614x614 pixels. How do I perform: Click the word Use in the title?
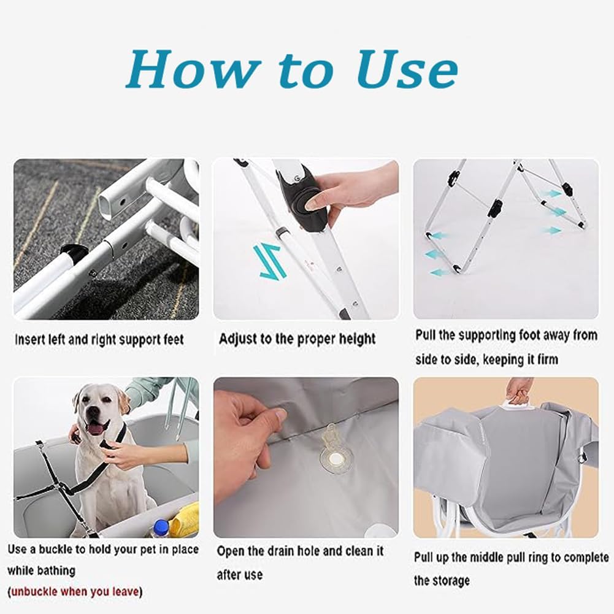coord(407,69)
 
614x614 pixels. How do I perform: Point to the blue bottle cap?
coord(161,524)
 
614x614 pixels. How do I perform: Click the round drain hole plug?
coord(335,458)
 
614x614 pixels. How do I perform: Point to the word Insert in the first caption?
coord(29,339)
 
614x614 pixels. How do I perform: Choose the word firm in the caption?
coord(547,359)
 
